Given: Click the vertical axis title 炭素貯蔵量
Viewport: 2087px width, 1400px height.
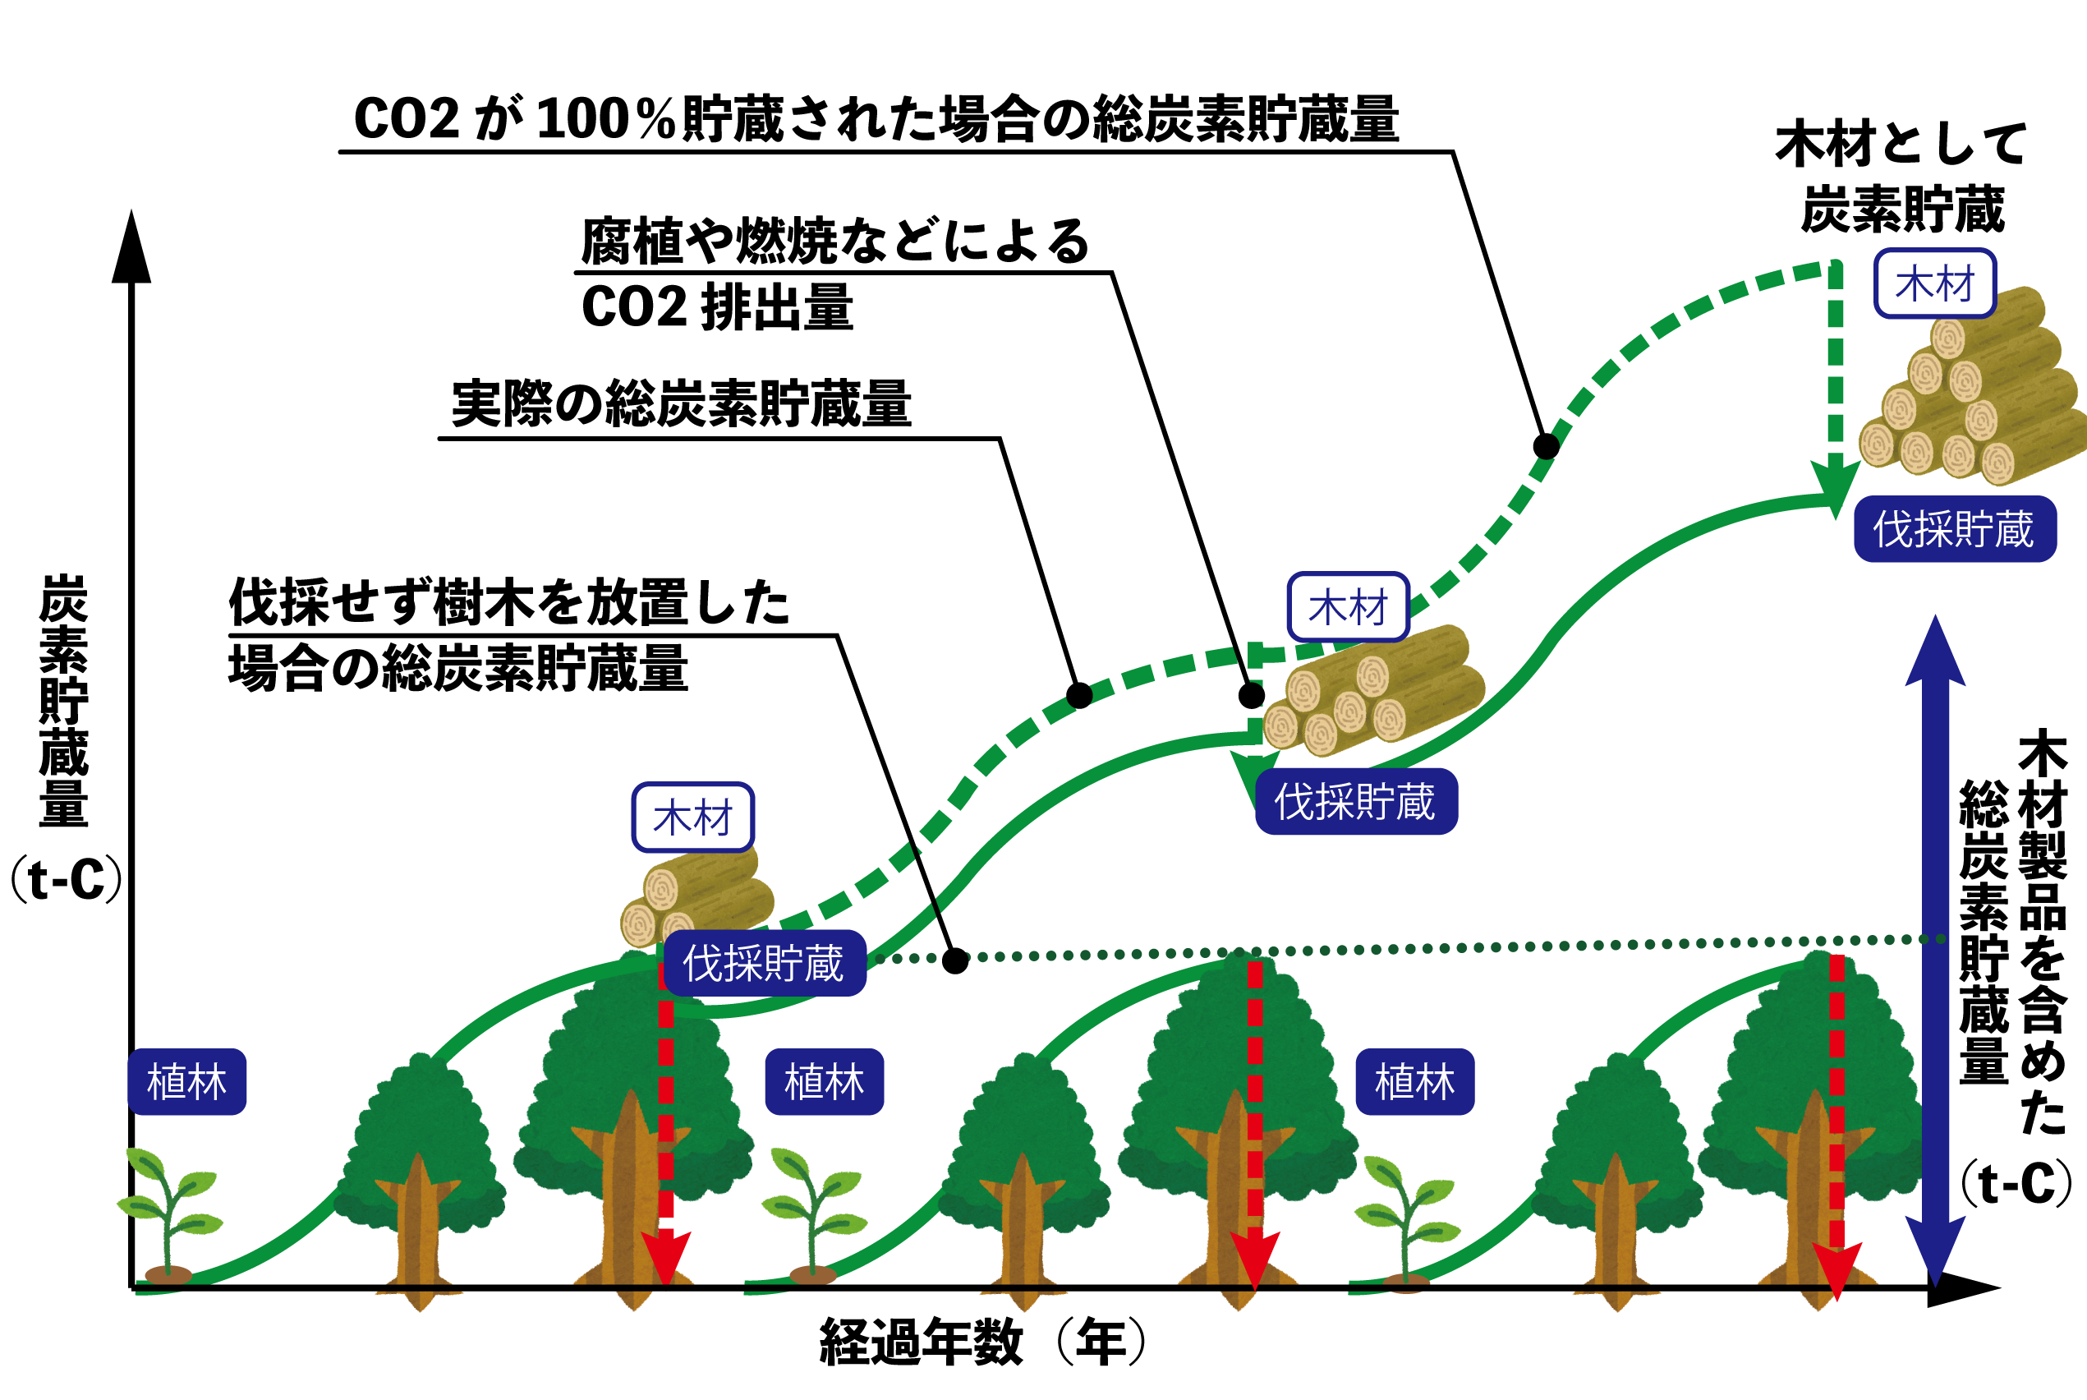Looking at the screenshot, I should click(x=63, y=701).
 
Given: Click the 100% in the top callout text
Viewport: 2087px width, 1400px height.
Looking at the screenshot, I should click(x=606, y=119).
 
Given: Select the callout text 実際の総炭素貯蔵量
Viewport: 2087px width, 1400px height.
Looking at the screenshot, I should click(x=681, y=404).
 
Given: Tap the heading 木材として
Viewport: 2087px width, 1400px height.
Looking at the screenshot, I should click(x=1901, y=145).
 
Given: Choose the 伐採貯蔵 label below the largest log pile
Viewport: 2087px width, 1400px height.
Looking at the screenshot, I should click(x=1954, y=529).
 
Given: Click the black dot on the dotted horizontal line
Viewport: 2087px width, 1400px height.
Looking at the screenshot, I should click(x=955, y=960).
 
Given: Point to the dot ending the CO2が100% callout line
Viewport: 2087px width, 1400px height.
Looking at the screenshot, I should click(x=1546, y=445).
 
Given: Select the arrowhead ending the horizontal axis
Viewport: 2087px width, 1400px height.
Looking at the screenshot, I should click(x=1968, y=1287).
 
